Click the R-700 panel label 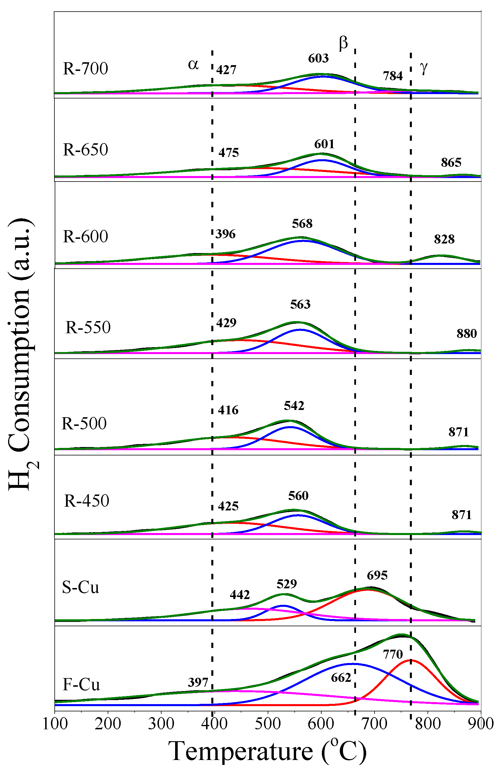(85, 68)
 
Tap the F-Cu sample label (81, 684)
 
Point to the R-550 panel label (88, 327)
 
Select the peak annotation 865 (451, 163)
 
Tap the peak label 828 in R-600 (444, 239)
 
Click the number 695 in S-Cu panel (377, 575)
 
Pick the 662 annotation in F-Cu (341, 678)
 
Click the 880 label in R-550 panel (466, 334)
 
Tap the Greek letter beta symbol (343, 43)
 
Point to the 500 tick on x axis (267, 724)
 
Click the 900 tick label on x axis (480, 724)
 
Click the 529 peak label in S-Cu (287, 584)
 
